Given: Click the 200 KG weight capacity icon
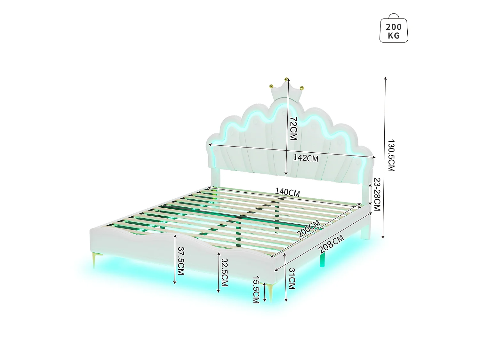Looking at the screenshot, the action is (x=393, y=28).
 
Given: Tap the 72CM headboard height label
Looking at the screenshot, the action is (x=293, y=128).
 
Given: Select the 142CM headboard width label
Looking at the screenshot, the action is (x=306, y=158).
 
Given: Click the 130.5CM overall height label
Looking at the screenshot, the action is (x=391, y=156).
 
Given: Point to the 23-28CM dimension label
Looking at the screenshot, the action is (x=377, y=195).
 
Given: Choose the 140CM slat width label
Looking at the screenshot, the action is (x=287, y=192).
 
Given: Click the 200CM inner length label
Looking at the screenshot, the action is (x=308, y=228).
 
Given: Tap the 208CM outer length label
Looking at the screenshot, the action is (x=331, y=244).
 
